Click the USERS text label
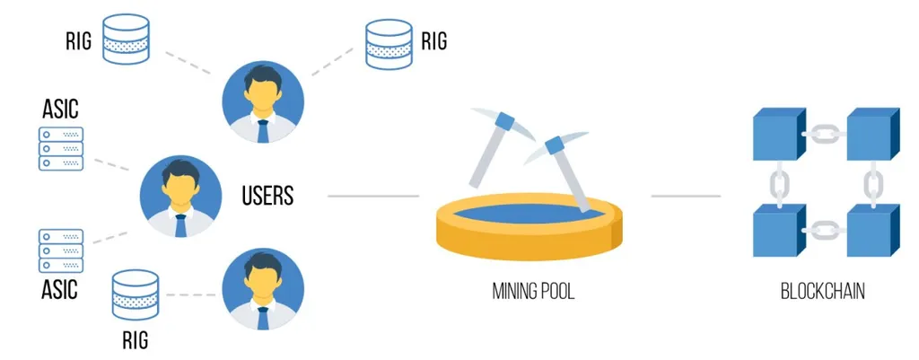267,196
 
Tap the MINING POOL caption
533,292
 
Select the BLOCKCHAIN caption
822,292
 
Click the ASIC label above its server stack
60,109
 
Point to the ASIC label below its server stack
60,289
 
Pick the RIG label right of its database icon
434,41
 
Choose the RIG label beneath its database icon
135,340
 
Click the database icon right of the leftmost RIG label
126,39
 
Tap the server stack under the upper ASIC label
61,148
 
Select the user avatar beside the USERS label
180,196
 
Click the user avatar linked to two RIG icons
263,102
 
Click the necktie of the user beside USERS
180,225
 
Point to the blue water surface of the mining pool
530,213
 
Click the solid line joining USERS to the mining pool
373,196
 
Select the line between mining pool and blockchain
686,196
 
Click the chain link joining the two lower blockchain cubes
822,231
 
